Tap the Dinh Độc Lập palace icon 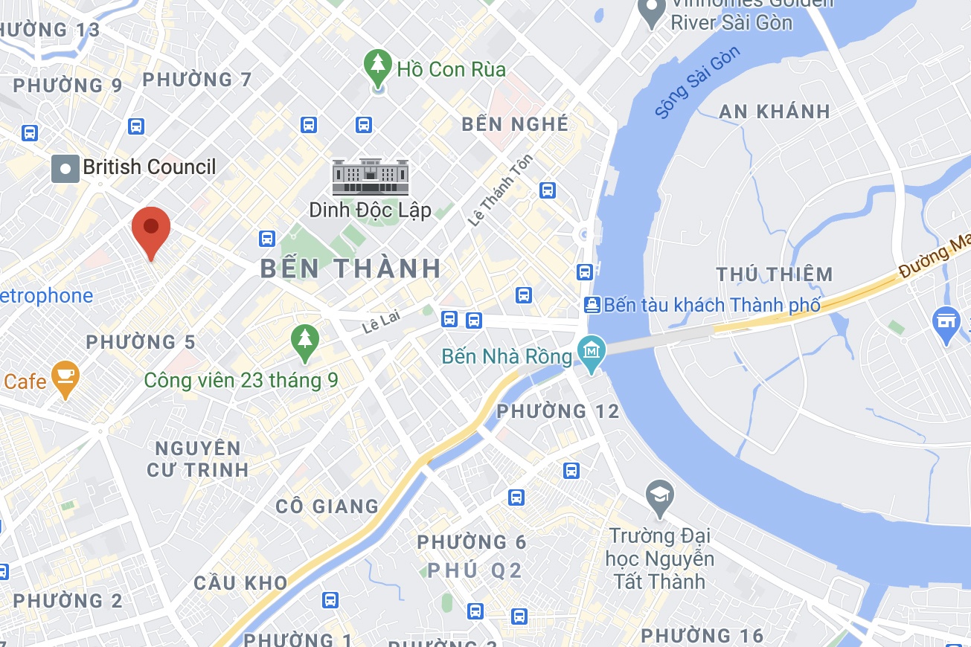[x=370, y=176]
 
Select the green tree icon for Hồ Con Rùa [x=379, y=67]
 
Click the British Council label [x=149, y=167]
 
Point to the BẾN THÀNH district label [x=351, y=268]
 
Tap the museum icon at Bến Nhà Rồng [x=592, y=349]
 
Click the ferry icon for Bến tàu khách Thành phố [x=592, y=304]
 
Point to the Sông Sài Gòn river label [x=698, y=83]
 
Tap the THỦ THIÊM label [x=775, y=274]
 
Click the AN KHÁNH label [x=775, y=112]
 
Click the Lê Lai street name [x=381, y=321]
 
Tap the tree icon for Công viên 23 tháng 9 [x=304, y=341]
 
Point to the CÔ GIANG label [x=327, y=506]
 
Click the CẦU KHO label [x=240, y=583]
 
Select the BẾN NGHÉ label [x=515, y=123]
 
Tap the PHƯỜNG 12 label [x=558, y=411]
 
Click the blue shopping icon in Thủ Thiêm [x=946, y=323]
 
